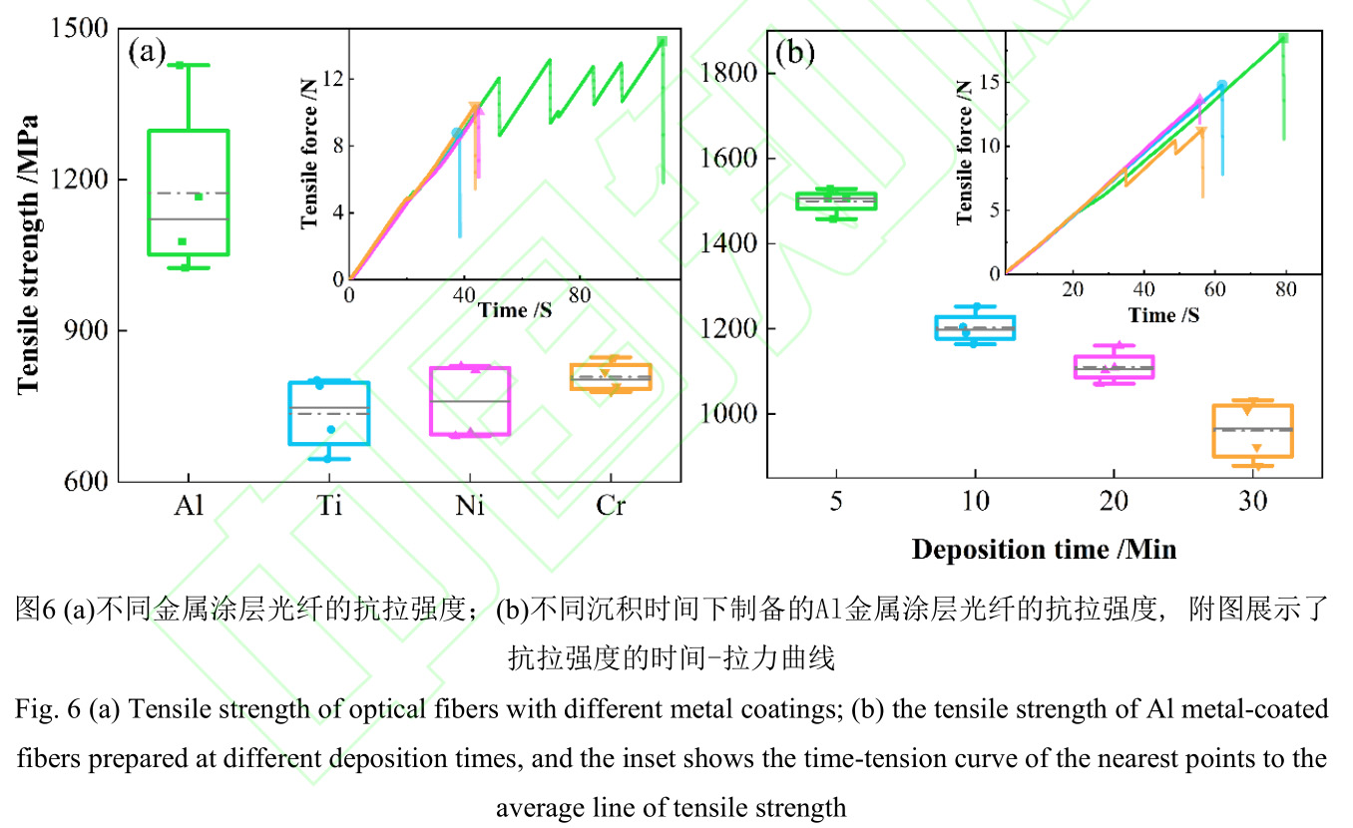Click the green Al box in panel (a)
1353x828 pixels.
pyautogui.click(x=188, y=192)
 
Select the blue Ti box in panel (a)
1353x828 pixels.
pyautogui.click(x=328, y=413)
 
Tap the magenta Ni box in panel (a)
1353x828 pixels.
pyautogui.click(x=470, y=401)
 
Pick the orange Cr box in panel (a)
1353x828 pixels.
pyautogui.click(x=611, y=377)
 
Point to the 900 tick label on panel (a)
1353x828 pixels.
pyautogui.click(x=88, y=331)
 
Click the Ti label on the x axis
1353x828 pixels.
pyautogui.click(x=328, y=506)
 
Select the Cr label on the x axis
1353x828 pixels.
pyautogui.click(x=611, y=506)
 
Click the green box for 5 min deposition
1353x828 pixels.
pyautogui.click(x=835, y=201)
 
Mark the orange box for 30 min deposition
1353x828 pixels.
pyautogui.click(x=1252, y=431)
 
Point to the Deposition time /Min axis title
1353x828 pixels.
pyautogui.click(x=1044, y=549)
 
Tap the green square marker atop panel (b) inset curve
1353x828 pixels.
pyautogui.click(x=1283, y=38)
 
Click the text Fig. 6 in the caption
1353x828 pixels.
pyautogui.click(x=45, y=709)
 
